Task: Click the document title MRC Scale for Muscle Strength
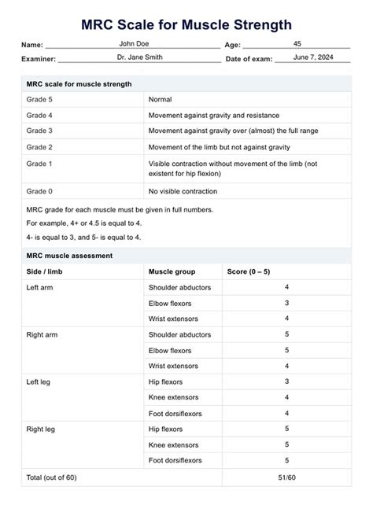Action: pyautogui.click(x=186, y=25)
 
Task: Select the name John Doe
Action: pyautogui.click(x=133, y=44)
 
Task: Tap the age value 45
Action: pyautogui.click(x=296, y=44)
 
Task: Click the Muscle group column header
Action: pyautogui.click(x=174, y=272)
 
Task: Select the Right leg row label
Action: pyautogui.click(x=42, y=429)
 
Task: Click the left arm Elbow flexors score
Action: pyautogui.click(x=286, y=303)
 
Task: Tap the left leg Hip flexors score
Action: pyautogui.click(x=286, y=382)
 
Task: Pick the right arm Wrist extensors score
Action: pyautogui.click(x=286, y=366)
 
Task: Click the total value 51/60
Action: pyautogui.click(x=286, y=477)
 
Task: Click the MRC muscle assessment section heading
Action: pyautogui.click(x=69, y=256)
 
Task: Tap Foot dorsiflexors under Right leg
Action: pyautogui.click(x=175, y=460)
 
